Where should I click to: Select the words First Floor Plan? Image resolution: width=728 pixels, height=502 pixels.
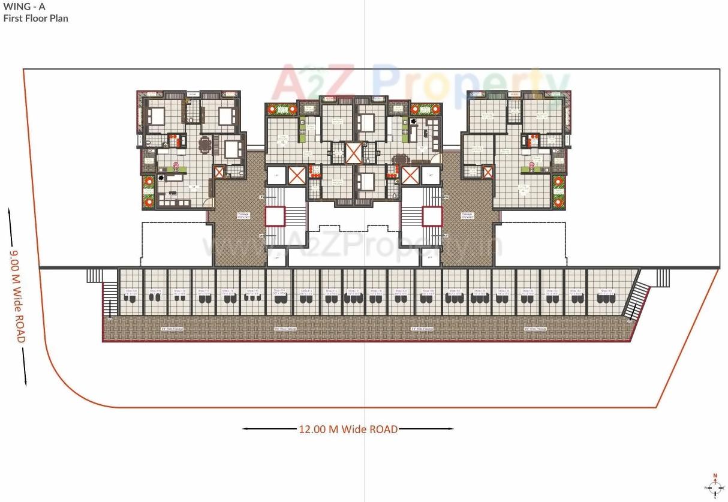(36, 19)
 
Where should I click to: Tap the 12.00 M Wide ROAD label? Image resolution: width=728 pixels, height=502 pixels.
(348, 429)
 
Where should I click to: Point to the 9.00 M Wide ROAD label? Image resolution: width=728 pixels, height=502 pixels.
(17, 296)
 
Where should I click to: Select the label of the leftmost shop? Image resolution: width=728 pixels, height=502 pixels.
(131, 292)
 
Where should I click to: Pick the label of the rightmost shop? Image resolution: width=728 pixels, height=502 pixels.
(606, 292)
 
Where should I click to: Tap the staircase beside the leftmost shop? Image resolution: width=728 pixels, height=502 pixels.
(110, 299)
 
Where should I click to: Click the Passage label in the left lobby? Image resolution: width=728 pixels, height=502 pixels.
(243, 215)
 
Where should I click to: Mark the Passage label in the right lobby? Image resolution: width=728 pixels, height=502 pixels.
(467, 215)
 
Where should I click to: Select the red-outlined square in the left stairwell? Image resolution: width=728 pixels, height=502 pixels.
(275, 217)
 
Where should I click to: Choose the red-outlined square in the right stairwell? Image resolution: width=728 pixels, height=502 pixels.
(432, 217)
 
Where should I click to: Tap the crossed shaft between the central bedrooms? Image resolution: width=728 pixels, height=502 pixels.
(354, 153)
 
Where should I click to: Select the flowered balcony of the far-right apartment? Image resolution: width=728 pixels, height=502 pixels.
(559, 192)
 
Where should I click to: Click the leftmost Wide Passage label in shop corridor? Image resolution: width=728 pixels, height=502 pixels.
(172, 329)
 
